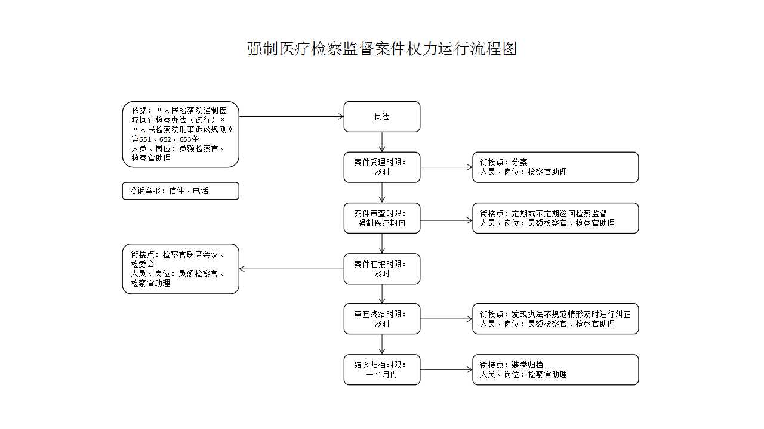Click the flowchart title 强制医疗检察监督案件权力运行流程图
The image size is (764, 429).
tap(382, 48)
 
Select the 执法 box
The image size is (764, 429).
tap(381, 117)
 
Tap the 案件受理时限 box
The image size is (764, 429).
tap(381, 167)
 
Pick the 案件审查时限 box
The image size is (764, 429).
tap(381, 218)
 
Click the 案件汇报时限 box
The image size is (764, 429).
tap(381, 269)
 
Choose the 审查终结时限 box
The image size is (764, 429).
tap(381, 319)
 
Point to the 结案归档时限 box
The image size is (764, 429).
tap(381, 369)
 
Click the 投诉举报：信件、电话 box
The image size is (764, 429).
tap(180, 191)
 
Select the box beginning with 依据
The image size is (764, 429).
tap(180, 134)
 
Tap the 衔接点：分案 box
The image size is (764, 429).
tap(555, 167)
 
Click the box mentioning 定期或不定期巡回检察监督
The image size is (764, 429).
tap(555, 218)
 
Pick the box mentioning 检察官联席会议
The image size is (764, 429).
tap(180, 269)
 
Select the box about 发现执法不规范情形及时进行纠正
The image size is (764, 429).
tap(555, 319)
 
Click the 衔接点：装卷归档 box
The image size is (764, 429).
tap(555, 369)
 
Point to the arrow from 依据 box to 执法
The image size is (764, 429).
tap(291, 116)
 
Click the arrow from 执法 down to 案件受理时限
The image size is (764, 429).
tap(381, 142)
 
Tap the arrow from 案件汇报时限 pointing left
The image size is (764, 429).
tap(291, 269)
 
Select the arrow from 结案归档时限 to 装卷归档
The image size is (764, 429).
tap(446, 369)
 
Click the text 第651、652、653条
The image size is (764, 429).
tap(165, 139)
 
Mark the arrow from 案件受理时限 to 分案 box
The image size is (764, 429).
tap(446, 167)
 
